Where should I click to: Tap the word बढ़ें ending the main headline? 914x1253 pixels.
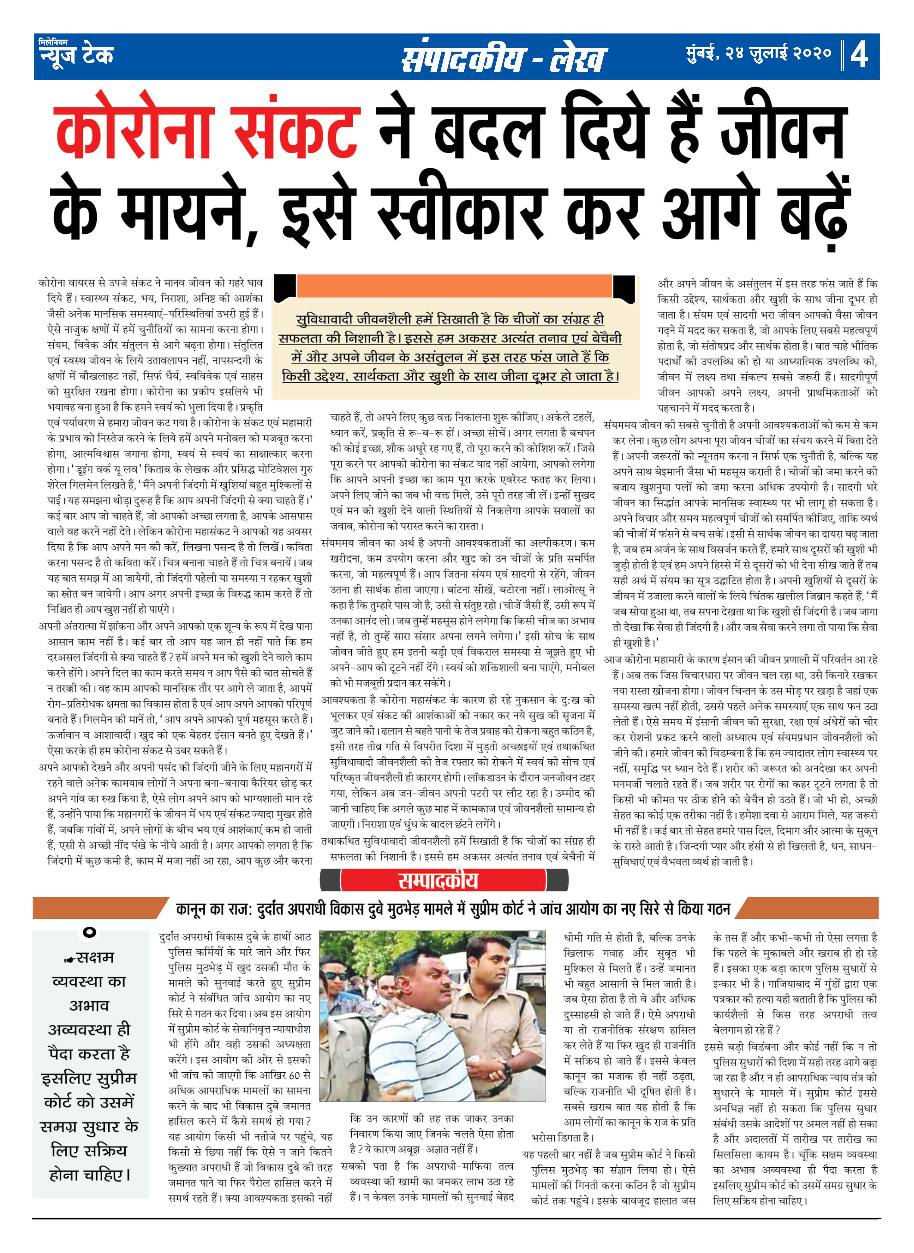pos(813,213)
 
